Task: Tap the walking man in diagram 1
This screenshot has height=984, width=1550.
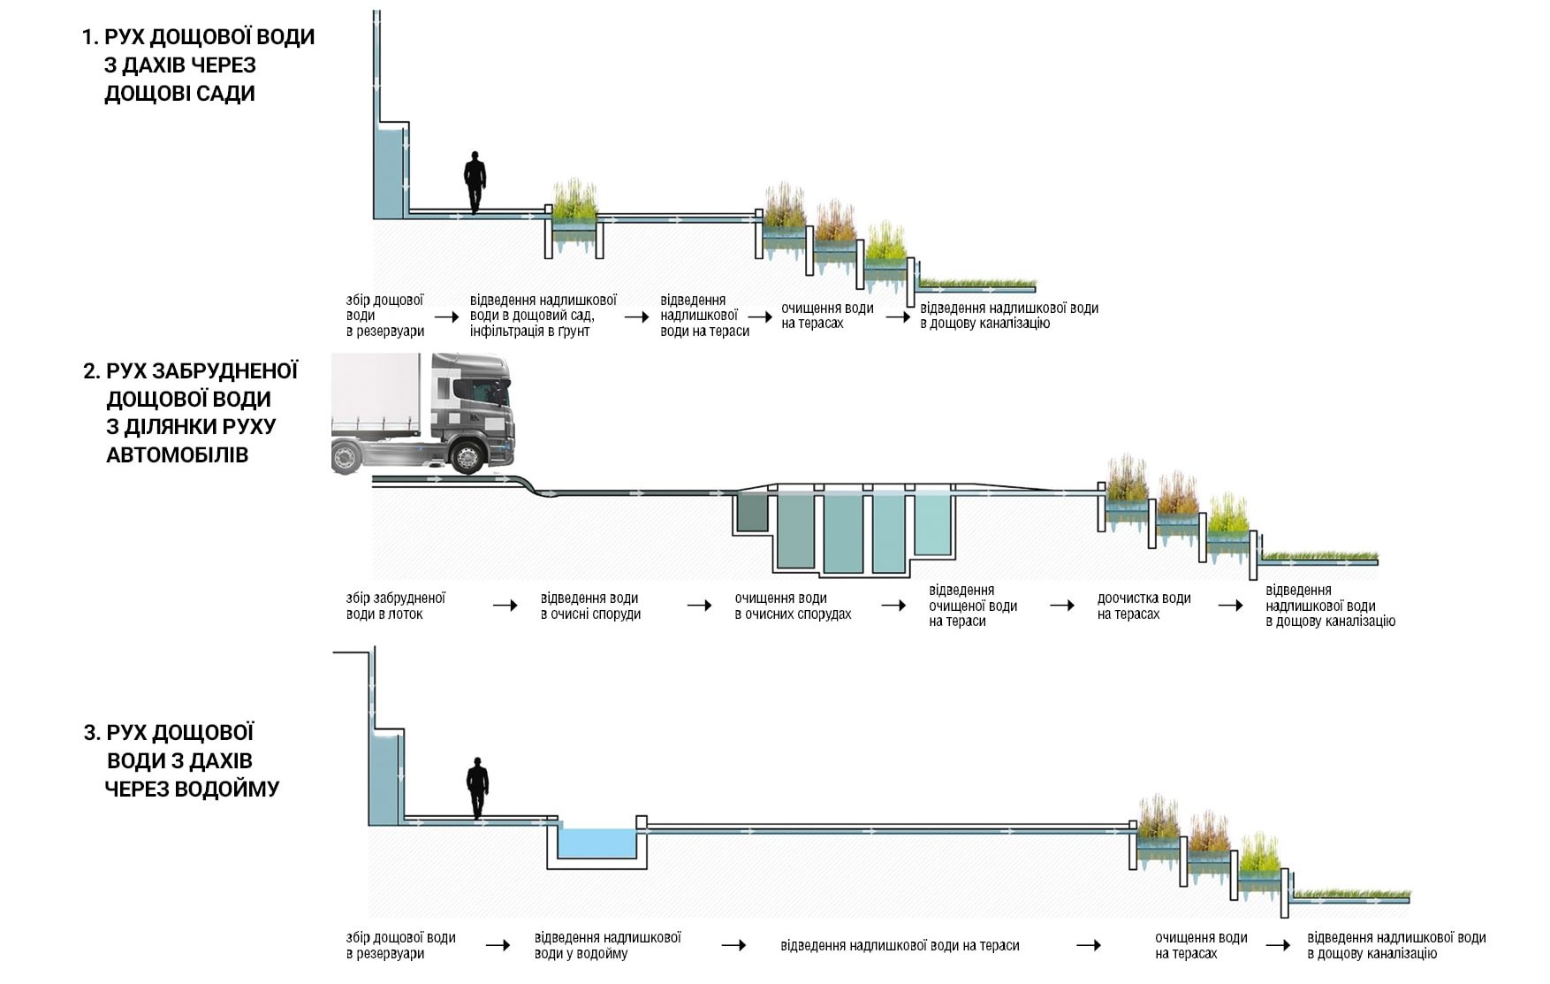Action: pyautogui.click(x=475, y=183)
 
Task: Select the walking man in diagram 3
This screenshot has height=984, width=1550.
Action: pyautogui.click(x=477, y=788)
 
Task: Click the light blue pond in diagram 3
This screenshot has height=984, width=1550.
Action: pyautogui.click(x=597, y=843)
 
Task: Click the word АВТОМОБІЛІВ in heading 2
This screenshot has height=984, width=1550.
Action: pyautogui.click(x=178, y=455)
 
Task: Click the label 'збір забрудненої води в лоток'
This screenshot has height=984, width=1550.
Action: pyautogui.click(x=395, y=606)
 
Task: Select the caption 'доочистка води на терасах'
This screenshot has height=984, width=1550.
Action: pyautogui.click(x=1144, y=606)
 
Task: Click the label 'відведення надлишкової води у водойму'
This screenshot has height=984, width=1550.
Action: pyautogui.click(x=607, y=945)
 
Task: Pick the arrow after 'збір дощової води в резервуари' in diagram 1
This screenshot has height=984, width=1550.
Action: pyautogui.click(x=447, y=317)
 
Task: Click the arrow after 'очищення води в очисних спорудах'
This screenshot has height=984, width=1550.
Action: pyautogui.click(x=894, y=606)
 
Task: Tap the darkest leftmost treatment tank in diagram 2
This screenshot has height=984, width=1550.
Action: pyautogui.click(x=752, y=513)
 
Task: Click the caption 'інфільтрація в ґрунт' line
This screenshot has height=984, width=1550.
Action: pyautogui.click(x=529, y=332)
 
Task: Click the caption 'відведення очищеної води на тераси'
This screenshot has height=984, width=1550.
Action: pyautogui.click(x=973, y=606)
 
